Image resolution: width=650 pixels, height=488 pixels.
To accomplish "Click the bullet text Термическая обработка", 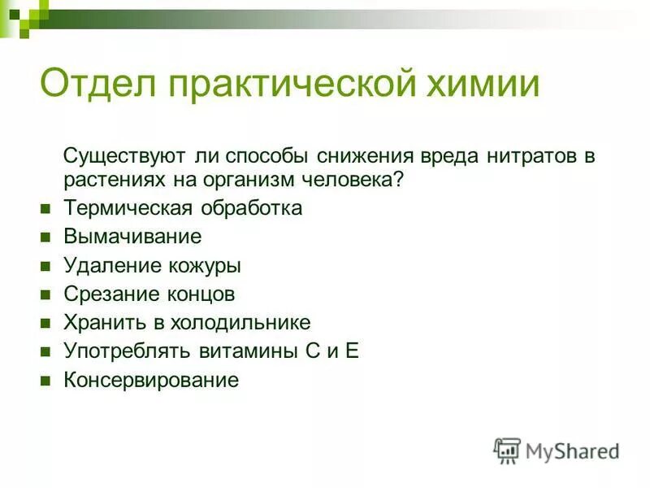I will pyautogui.click(x=183, y=208).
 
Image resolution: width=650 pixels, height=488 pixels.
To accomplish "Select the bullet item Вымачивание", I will pyautogui.click(x=132, y=237).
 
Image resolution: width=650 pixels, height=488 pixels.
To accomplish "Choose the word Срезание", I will pyautogui.click(x=104, y=294).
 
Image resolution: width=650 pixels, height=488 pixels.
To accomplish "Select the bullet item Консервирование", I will pyautogui.click(x=151, y=380).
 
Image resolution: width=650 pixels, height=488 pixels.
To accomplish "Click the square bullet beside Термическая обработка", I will pyautogui.click(x=46, y=209).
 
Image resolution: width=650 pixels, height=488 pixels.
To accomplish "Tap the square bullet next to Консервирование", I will pyautogui.click(x=46, y=381).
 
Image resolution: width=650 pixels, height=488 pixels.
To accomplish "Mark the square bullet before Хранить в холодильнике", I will pyautogui.click(x=46, y=324).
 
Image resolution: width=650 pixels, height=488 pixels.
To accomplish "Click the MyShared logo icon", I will pyautogui.click(x=507, y=451).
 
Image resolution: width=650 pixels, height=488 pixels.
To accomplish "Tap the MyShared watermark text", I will pyautogui.click(x=572, y=451).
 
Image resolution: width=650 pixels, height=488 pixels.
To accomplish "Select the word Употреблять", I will pyautogui.click(x=128, y=351).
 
